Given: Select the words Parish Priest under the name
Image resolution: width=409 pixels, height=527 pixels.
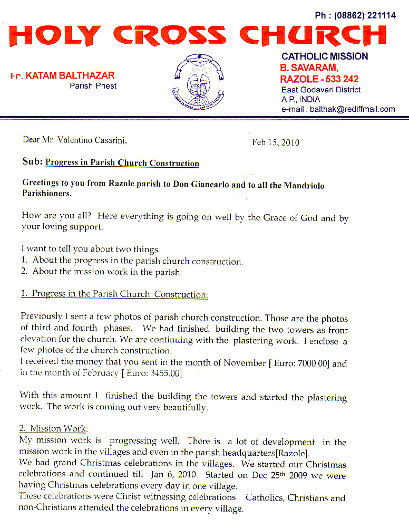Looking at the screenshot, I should [x=93, y=85].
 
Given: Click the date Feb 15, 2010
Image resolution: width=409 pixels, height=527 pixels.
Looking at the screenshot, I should [x=276, y=142].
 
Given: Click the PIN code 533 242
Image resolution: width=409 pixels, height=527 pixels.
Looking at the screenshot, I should [x=340, y=79].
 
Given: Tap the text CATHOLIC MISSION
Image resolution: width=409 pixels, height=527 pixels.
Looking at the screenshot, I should [x=325, y=56].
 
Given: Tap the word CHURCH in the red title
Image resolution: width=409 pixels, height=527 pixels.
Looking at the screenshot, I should [x=313, y=35].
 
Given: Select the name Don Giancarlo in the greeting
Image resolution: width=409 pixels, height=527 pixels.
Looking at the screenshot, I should [x=202, y=185].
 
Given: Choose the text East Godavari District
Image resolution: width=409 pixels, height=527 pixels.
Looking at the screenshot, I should [x=322, y=90].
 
